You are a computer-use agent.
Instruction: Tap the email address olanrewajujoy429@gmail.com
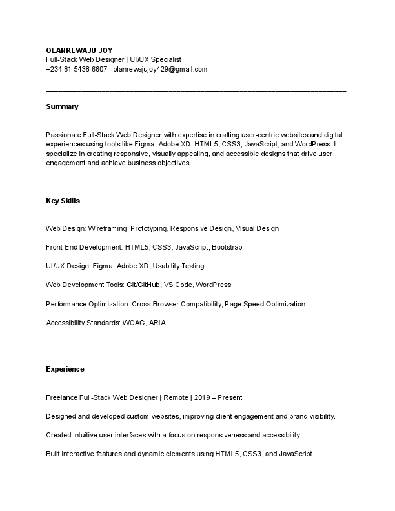click(x=160, y=69)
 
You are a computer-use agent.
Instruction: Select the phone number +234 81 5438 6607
click(x=77, y=69)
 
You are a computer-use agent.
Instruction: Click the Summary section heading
click(x=62, y=106)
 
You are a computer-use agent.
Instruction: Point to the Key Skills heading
click(x=63, y=201)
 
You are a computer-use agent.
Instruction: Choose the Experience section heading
click(x=65, y=370)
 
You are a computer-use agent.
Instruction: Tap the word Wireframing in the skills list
click(x=107, y=228)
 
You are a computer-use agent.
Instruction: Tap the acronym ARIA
click(x=157, y=323)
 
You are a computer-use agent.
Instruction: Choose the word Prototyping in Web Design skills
click(x=148, y=228)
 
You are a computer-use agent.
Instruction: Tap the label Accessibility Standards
click(x=83, y=323)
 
